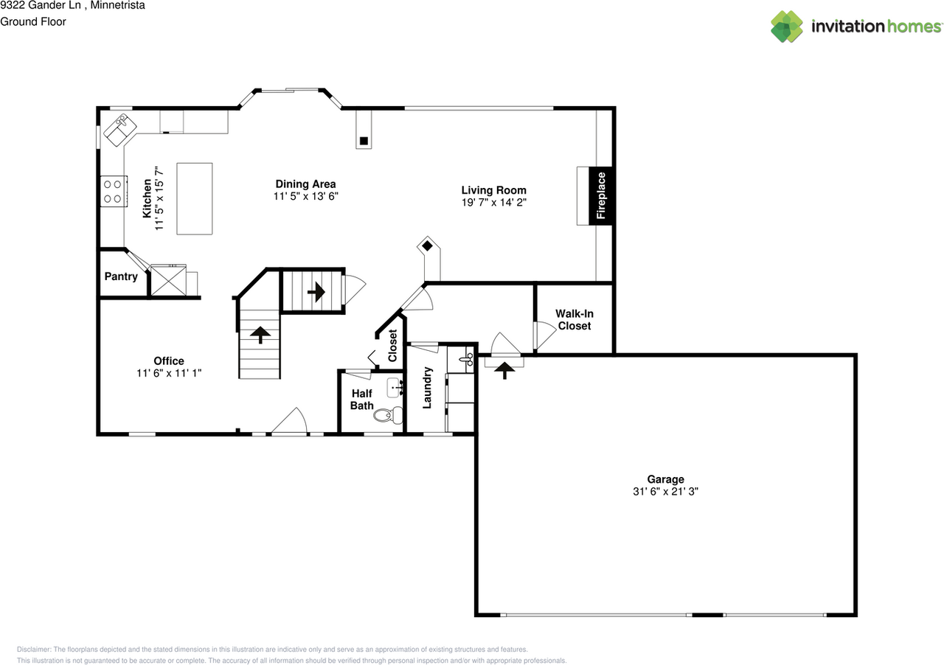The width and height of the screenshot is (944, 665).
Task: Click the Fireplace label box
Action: point(600,195)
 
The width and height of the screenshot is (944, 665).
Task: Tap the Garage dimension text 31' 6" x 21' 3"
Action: point(665,492)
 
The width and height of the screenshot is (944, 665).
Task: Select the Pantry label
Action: point(121,276)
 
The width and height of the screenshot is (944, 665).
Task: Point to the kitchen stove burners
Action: point(112,191)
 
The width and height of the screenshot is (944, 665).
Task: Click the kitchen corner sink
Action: point(120,130)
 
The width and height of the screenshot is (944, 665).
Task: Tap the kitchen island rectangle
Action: point(195,198)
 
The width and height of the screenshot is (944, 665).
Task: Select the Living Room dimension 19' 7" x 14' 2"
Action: point(493,202)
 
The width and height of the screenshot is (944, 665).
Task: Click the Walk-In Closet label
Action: point(574,319)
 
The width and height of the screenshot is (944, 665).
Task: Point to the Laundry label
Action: point(427,388)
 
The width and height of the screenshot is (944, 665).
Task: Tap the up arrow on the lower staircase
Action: point(259,335)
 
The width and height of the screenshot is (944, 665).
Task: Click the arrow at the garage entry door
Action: point(505,370)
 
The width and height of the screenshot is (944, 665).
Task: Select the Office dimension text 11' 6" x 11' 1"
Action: point(169,373)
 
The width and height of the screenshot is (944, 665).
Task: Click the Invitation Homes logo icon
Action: point(787,27)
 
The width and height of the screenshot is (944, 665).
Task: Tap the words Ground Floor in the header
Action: point(33,21)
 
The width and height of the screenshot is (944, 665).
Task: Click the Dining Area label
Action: point(305,184)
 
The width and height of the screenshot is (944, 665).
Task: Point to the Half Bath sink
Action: point(395,386)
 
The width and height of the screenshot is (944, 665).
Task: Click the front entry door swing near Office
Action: point(291,422)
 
